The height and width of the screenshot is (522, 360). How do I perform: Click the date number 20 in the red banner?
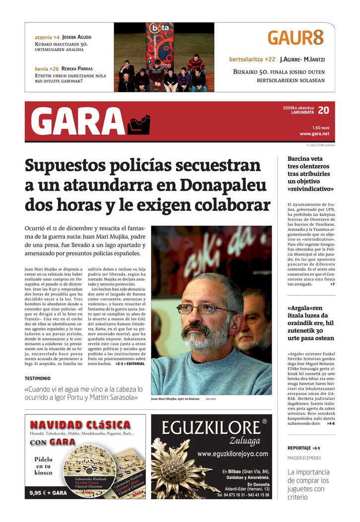coord(323,110)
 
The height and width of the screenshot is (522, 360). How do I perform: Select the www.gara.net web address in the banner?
coord(314,134)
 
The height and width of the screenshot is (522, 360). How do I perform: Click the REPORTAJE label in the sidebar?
coord(300,448)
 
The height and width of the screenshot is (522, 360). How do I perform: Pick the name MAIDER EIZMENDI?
coord(304,457)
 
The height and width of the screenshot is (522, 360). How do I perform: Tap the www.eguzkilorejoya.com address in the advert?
coord(233,454)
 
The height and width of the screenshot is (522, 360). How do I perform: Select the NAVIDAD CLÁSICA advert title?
coord(80,425)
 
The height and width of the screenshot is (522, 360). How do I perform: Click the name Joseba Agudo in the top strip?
coord(76,37)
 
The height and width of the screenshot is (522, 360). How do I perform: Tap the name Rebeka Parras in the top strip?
coord(77,69)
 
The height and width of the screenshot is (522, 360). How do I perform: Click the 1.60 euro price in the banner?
coord(320,128)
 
